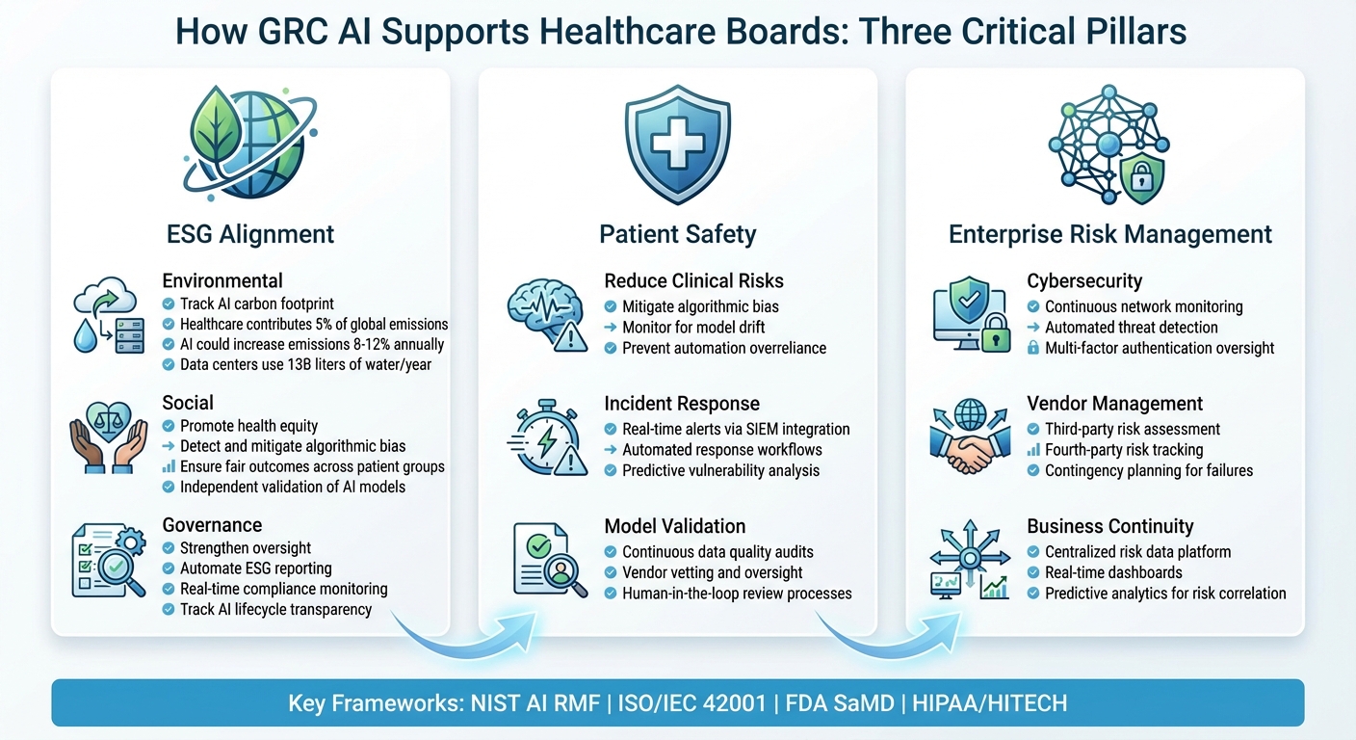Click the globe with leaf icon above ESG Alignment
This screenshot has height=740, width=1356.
pyautogui.click(x=249, y=142)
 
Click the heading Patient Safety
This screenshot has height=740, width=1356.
pyautogui.click(x=677, y=234)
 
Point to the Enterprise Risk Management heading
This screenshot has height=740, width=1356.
pyautogui.click(x=1110, y=234)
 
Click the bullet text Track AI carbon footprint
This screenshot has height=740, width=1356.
pyautogui.click(x=256, y=304)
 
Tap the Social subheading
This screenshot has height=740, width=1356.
pyautogui.click(x=188, y=403)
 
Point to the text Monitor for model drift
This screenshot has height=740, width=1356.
pyautogui.click(x=693, y=327)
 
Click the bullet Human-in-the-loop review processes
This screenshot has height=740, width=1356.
pyautogui.click(x=737, y=593)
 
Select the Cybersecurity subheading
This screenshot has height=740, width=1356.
pyautogui.click(x=1084, y=281)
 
